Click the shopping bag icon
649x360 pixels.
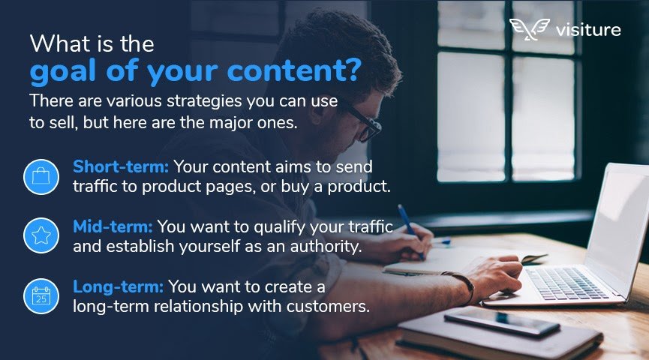(x=41, y=177)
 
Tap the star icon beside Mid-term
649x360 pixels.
(x=41, y=235)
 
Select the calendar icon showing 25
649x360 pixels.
(x=41, y=295)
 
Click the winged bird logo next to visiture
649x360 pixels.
(x=529, y=29)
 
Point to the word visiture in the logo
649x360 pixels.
(x=588, y=30)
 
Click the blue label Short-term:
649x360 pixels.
(x=121, y=166)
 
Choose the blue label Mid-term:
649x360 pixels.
(x=113, y=226)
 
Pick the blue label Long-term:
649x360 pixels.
(x=118, y=286)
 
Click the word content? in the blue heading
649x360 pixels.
(x=294, y=70)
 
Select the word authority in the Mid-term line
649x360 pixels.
(x=326, y=247)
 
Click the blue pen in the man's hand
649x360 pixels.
(x=410, y=230)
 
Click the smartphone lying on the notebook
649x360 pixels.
(x=501, y=322)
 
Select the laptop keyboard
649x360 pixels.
(x=566, y=282)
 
